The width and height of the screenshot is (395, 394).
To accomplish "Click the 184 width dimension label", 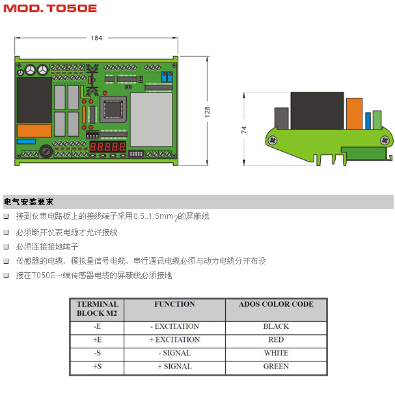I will click(96, 38).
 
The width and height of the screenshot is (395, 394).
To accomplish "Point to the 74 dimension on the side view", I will click(244, 129).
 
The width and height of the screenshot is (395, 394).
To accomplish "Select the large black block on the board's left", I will click(34, 100).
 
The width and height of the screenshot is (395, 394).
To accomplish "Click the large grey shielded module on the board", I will click(151, 118).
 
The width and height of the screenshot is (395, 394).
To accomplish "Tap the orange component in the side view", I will click(354, 115).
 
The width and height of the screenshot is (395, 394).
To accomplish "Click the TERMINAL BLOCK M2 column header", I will click(97, 309).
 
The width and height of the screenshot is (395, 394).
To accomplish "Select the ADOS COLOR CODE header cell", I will click(276, 305).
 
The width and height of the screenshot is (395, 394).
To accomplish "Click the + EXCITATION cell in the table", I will click(174, 340).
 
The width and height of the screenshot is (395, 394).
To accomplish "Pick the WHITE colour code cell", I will click(276, 353).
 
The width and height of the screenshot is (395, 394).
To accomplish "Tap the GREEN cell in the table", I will click(276, 367).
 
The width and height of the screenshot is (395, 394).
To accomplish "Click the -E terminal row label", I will click(97, 326).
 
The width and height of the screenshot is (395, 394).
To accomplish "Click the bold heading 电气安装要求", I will click(29, 202).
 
